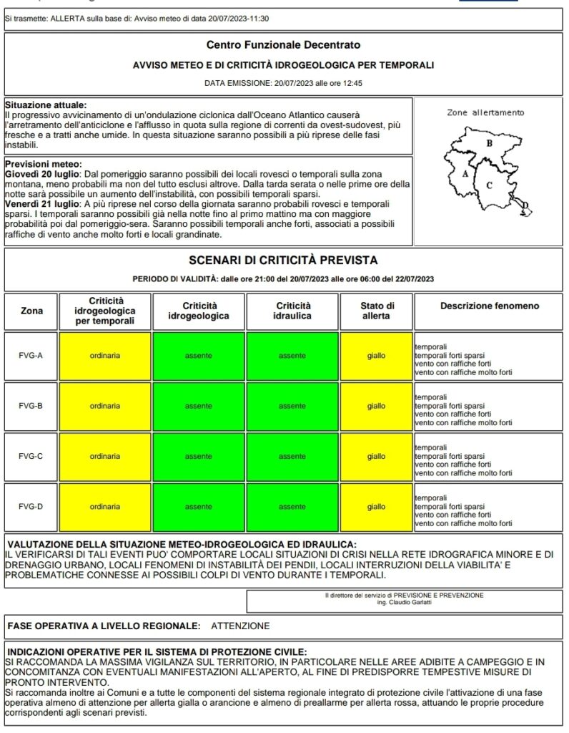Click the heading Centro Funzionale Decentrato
click(283, 46)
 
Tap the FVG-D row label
click(30, 507)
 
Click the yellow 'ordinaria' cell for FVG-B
click(105, 406)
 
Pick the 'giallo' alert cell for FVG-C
click(376, 456)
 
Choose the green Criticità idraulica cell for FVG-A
click(292, 355)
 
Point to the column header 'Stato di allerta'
click(376, 311)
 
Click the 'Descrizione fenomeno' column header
click(490, 306)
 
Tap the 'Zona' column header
click(31, 311)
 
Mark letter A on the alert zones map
click(465, 173)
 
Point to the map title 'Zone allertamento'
click(485, 112)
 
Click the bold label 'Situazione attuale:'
click(45, 105)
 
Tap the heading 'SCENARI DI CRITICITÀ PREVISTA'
click(283, 260)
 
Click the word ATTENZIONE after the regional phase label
click(241, 626)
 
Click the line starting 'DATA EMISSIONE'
click(283, 83)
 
